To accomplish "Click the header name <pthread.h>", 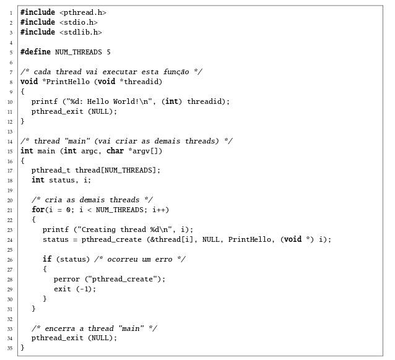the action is tap(83, 12).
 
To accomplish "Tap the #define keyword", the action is tap(35, 52).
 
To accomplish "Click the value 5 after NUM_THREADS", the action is tap(108, 52).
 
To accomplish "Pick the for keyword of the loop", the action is tap(38, 210).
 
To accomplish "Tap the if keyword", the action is tap(47, 259).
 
